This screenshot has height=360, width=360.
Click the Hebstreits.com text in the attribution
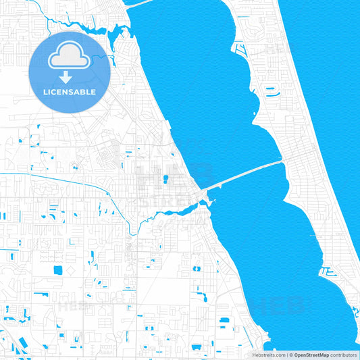[266, 355]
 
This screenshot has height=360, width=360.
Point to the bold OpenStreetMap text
[311, 355]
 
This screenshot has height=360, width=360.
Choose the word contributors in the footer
[343, 355]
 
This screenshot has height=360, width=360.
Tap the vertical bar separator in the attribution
[288, 355]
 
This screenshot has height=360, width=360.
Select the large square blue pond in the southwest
[57, 270]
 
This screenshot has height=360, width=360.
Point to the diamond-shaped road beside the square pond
[71, 270]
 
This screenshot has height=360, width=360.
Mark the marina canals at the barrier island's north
[240, 49]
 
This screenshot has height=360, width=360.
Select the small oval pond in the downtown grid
[164, 179]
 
